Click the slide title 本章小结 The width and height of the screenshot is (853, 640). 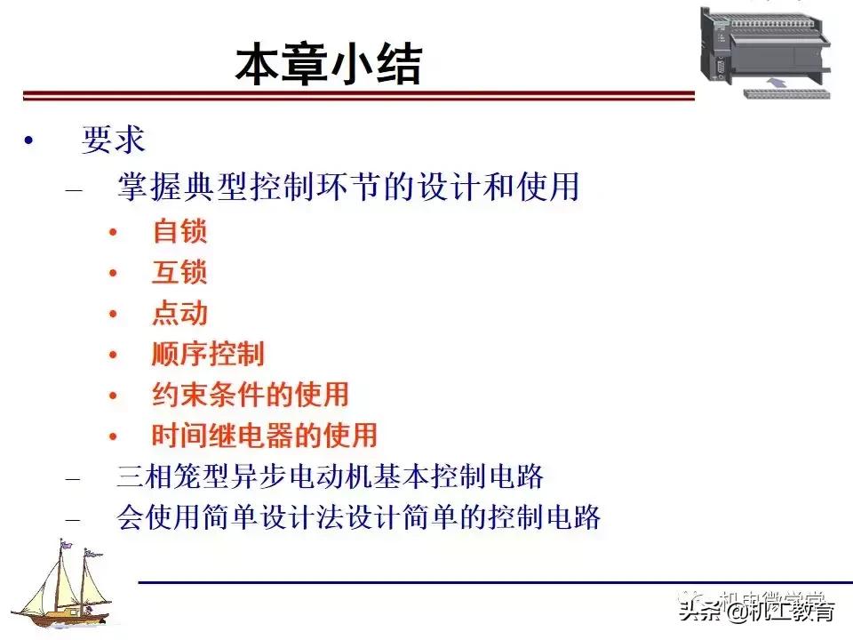tap(328, 65)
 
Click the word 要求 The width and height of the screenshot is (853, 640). tap(113, 140)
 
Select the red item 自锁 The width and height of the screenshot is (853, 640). tap(179, 231)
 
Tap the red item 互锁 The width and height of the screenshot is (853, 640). tap(179, 272)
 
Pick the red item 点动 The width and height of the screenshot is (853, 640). tap(179, 313)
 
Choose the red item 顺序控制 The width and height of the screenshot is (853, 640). tap(208, 354)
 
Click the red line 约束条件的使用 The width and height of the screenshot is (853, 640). tap(251, 394)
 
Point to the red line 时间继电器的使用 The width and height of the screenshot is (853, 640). tap(265, 435)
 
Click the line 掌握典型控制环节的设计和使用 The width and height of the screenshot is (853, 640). tap(348, 187)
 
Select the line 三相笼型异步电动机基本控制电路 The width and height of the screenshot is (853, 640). tap(330, 476)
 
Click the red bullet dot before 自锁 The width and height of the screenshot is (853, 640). tap(113, 233)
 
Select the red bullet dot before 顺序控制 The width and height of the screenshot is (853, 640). tap(113, 355)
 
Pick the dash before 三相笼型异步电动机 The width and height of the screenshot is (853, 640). tap(74, 478)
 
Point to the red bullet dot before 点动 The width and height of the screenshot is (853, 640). tap(113, 314)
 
